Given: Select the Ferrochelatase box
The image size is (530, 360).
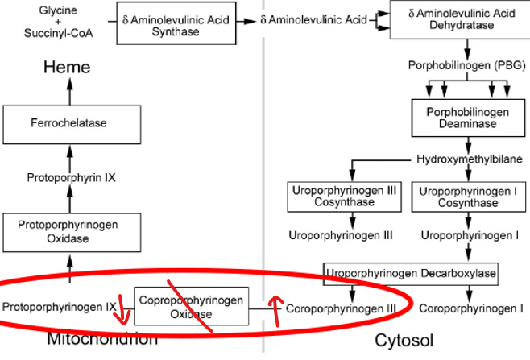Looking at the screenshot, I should click(68, 123).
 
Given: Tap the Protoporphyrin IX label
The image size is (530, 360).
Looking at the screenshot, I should click(71, 177).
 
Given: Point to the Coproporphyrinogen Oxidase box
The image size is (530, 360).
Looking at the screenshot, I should click(191, 307).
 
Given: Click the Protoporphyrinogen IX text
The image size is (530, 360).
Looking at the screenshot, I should click(60, 307).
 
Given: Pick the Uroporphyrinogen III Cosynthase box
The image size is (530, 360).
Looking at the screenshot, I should click(344, 197).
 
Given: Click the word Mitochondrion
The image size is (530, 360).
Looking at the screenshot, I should click(102, 338).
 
